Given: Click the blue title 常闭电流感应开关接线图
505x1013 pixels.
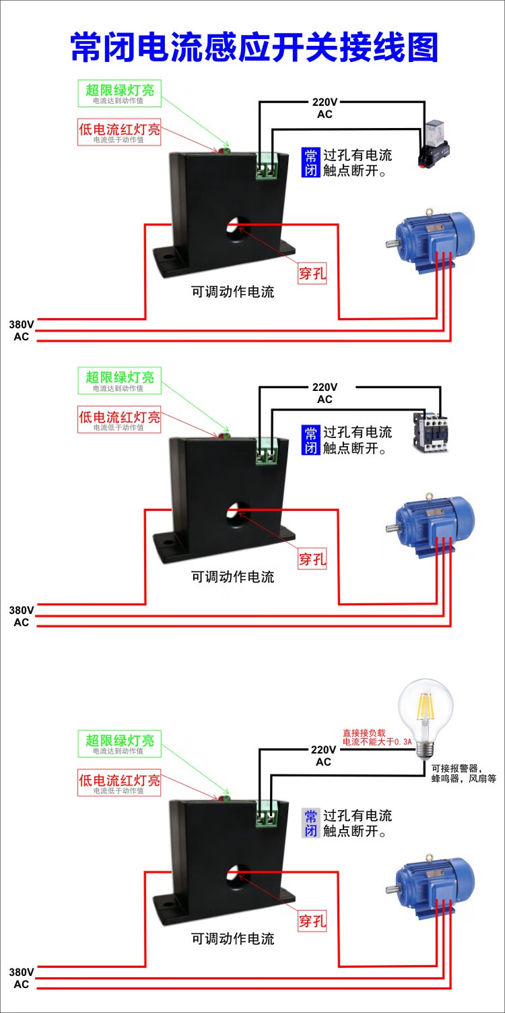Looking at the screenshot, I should (255, 48).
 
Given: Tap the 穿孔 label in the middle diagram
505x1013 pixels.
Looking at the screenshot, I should (312, 559).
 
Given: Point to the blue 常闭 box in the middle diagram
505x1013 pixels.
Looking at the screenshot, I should (310, 439).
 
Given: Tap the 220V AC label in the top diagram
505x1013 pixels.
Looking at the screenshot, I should (325, 108).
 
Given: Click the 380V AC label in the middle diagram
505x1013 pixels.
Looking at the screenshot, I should (21, 615).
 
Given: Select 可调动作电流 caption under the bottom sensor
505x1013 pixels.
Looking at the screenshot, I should (233, 939).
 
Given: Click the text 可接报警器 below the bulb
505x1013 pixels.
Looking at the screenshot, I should (464, 768).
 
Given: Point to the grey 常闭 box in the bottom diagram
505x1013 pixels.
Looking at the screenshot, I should (310, 823).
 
